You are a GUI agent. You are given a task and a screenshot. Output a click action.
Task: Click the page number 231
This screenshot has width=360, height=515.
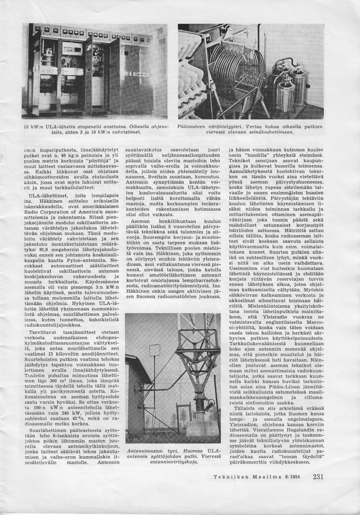(318, 477)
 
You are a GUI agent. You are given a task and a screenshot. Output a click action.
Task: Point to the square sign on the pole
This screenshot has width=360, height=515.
(154, 350)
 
